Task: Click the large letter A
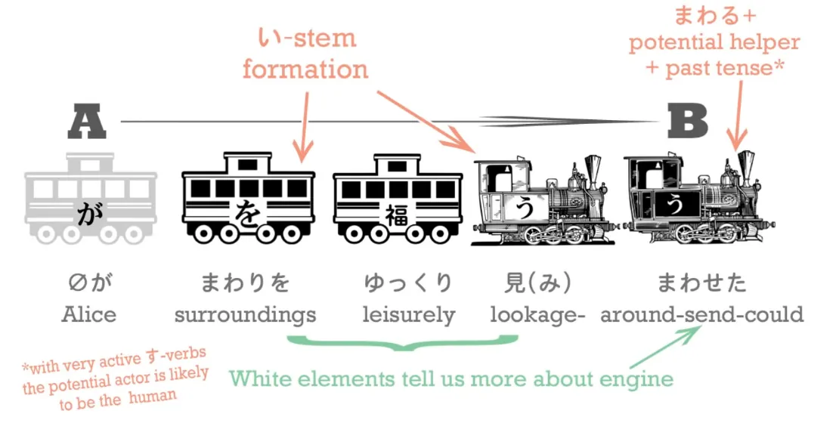tap(87, 122)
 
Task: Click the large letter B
tap(688, 122)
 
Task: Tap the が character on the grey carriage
tap(89, 214)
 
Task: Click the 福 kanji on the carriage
tap(398, 214)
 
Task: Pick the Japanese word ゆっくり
tap(408, 283)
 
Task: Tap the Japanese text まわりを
tap(245, 283)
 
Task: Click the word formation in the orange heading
tap(305, 69)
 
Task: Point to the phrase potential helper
tap(714, 42)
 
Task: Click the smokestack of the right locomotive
tap(746, 168)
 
